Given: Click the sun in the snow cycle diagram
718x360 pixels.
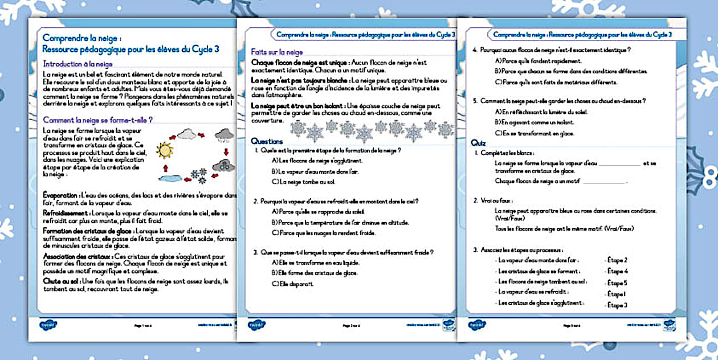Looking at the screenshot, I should (x=165, y=150).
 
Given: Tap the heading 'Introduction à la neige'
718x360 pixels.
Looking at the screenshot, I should (x=78, y=64).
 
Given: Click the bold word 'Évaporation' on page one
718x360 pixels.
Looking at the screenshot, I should (x=61, y=195).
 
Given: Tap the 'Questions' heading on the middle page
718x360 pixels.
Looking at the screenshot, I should (x=267, y=141).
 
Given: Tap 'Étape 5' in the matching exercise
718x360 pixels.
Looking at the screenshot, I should (x=618, y=283).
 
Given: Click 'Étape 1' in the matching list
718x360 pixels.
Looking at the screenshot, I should (x=617, y=294).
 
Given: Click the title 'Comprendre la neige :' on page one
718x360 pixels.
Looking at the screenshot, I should (x=81, y=38).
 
